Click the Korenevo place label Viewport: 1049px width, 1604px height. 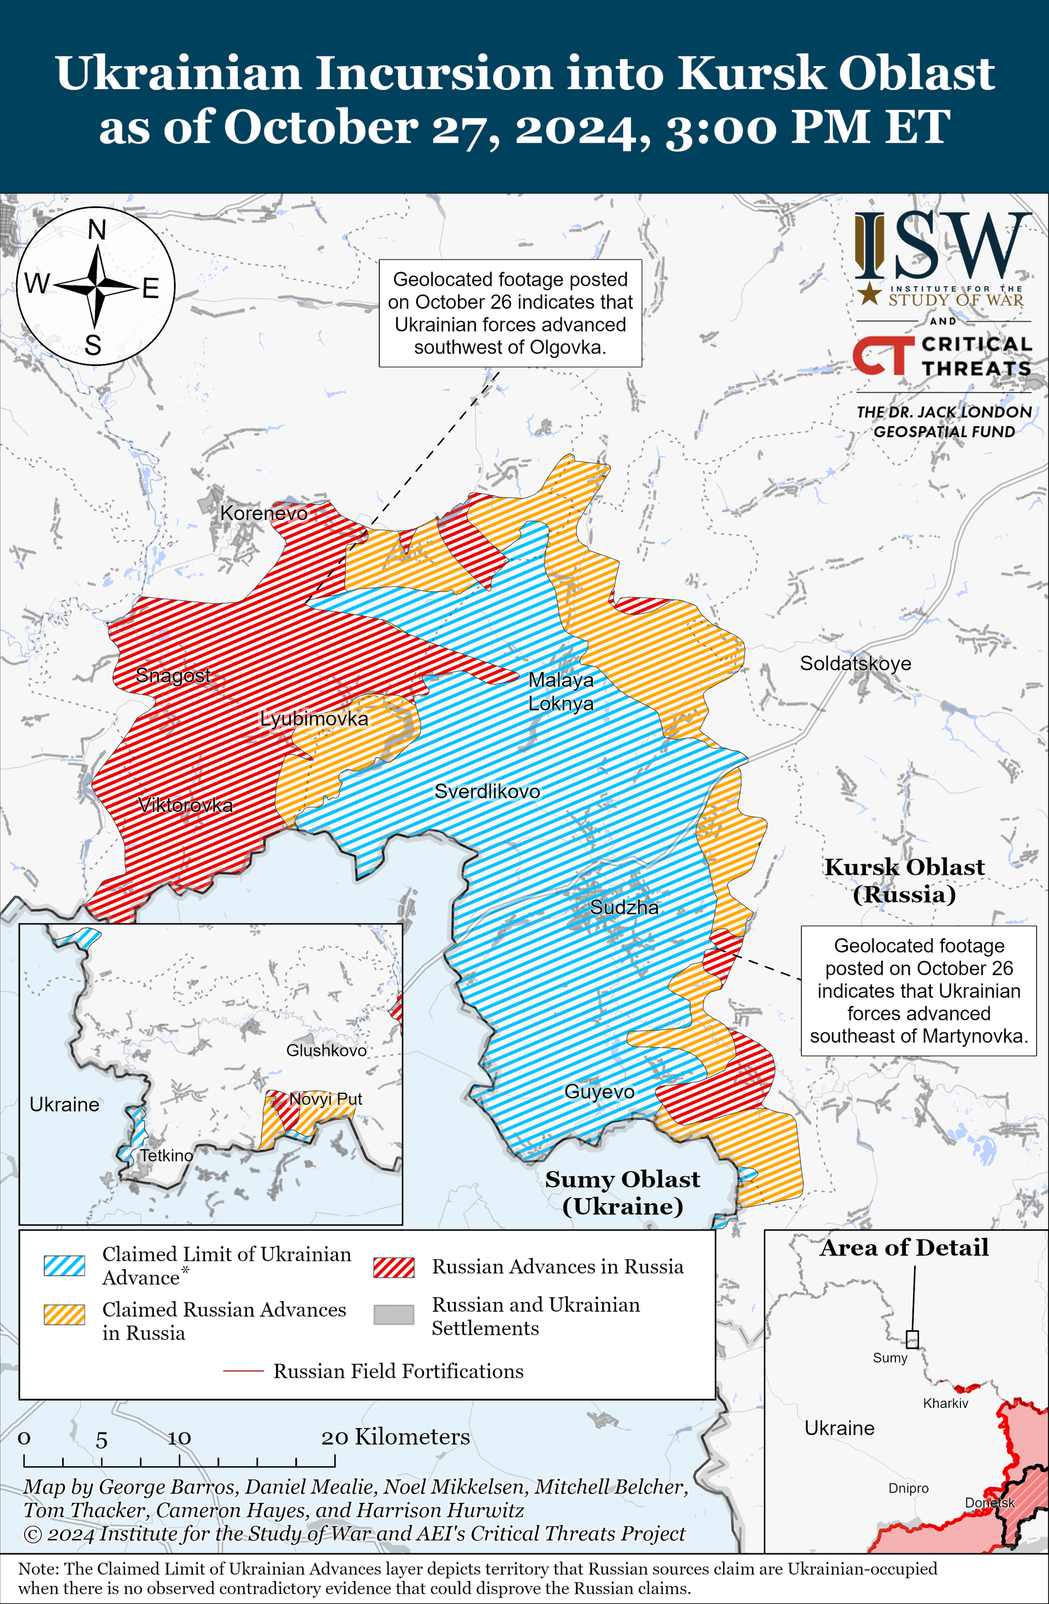[263, 513]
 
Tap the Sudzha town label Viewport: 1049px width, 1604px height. [624, 907]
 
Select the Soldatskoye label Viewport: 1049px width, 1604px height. [855, 663]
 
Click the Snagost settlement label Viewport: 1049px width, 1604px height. [173, 675]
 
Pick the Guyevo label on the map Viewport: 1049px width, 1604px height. [599, 1092]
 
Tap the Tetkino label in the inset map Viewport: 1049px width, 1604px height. [167, 1155]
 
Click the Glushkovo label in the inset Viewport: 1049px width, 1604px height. [326, 1050]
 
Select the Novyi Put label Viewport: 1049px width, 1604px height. [326, 1099]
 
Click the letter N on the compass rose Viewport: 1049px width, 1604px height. [97, 231]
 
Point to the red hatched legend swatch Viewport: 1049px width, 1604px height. [394, 1267]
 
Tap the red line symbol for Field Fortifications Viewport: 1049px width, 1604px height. [243, 1371]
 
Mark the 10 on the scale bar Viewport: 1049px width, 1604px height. [179, 1438]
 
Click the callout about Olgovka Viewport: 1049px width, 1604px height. [510, 314]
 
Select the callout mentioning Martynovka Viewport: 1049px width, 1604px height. [918, 990]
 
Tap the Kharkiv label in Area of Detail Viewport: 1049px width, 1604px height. [945, 1403]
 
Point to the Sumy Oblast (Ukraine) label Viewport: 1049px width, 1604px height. [622, 1192]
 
